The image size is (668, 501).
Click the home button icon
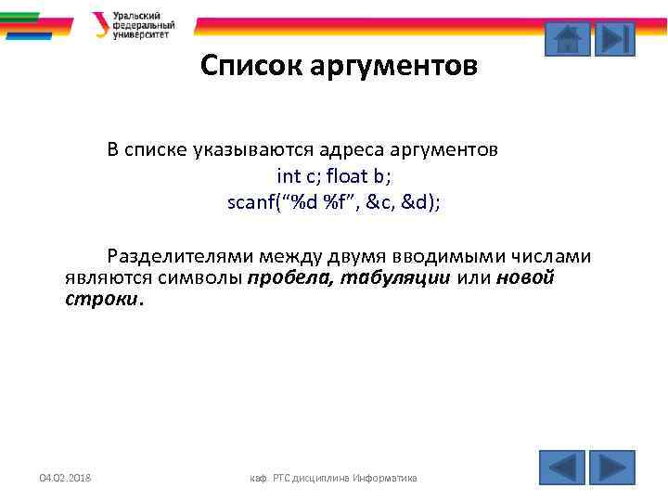[565, 38]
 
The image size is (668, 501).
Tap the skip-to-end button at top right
[614, 38]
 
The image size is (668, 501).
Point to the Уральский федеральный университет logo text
[143, 25]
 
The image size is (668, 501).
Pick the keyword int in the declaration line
[288, 175]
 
